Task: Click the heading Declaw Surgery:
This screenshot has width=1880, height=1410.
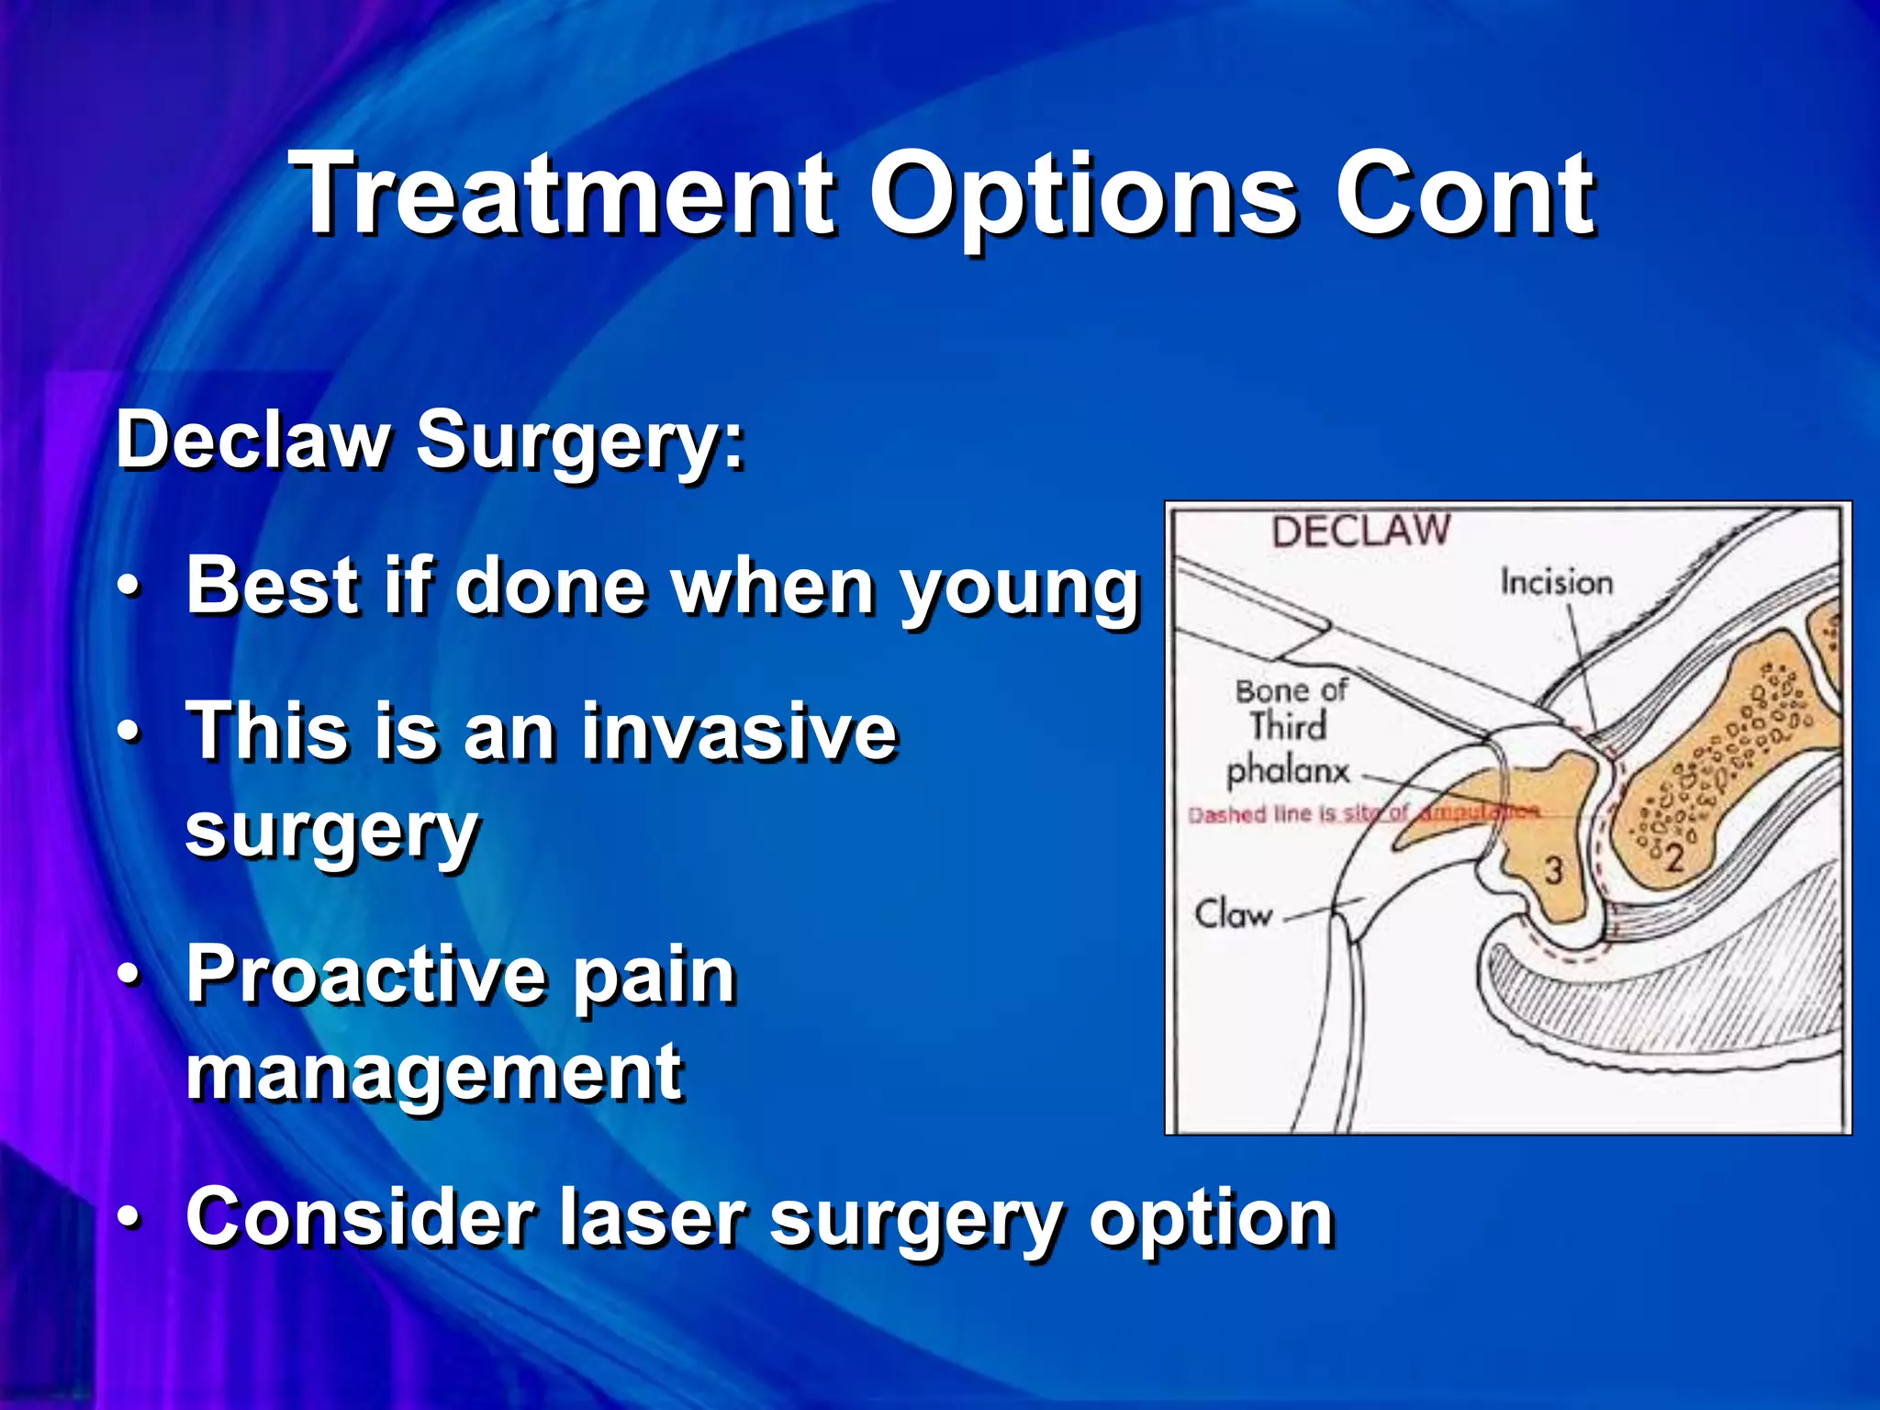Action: (x=430, y=441)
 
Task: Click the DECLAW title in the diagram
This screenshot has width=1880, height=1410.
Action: (x=1360, y=531)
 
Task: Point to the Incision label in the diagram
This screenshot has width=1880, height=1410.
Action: (x=1556, y=582)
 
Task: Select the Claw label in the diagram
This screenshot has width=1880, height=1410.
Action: (x=1233, y=914)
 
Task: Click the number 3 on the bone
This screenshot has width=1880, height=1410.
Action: (x=1552, y=869)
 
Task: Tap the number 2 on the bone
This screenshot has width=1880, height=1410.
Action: (x=1673, y=858)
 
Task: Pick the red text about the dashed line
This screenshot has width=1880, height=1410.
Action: (x=1363, y=813)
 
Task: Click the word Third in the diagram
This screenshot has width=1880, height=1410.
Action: (x=1288, y=726)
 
